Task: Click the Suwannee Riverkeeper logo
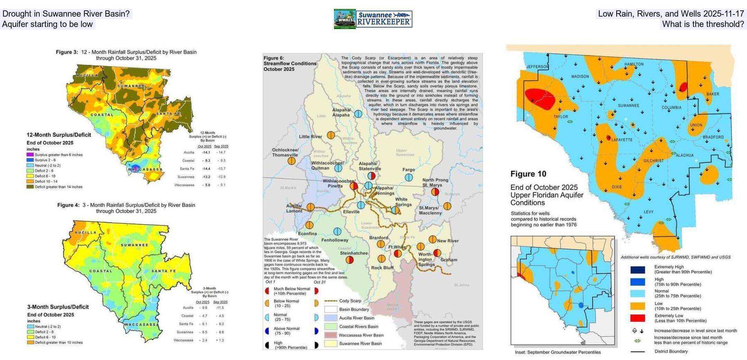click(373, 19)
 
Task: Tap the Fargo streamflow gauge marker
click(409, 177)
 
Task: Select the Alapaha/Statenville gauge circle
click(371, 176)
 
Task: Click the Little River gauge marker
click(331, 135)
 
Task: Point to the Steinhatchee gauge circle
click(350, 260)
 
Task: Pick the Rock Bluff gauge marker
click(381, 259)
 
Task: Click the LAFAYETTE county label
click(622, 140)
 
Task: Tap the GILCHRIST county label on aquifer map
click(653, 161)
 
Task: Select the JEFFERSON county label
click(537, 67)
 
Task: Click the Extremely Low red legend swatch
click(637, 318)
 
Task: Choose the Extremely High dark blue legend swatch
click(637, 270)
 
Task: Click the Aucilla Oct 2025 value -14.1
click(206, 153)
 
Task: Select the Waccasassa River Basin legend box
click(331, 335)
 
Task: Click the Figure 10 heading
click(528, 174)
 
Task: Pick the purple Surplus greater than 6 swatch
click(30, 155)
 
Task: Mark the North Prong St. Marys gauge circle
click(435, 192)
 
